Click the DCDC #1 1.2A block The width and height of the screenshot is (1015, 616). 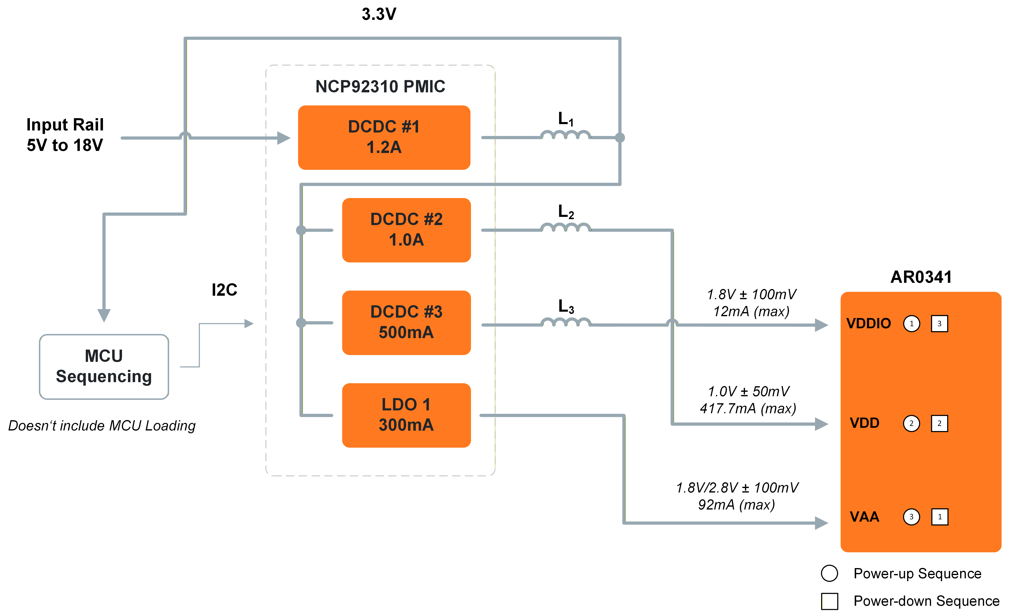[384, 137]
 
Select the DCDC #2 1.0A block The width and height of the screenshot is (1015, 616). [406, 230]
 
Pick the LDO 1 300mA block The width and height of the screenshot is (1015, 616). [406, 415]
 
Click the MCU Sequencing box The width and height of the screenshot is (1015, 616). [104, 366]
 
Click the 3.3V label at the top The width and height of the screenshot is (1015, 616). [379, 14]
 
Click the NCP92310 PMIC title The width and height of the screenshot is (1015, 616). [380, 87]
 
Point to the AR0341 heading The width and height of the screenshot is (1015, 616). [921, 277]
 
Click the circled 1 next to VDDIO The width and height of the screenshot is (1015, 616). [911, 323]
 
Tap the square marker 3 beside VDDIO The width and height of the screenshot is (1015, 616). [939, 323]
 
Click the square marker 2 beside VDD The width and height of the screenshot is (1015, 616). [939, 423]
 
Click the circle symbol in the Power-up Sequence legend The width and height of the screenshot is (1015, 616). [829, 573]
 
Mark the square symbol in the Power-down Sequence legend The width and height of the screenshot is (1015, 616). [829, 601]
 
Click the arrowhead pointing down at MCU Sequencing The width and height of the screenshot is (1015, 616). [104, 315]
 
